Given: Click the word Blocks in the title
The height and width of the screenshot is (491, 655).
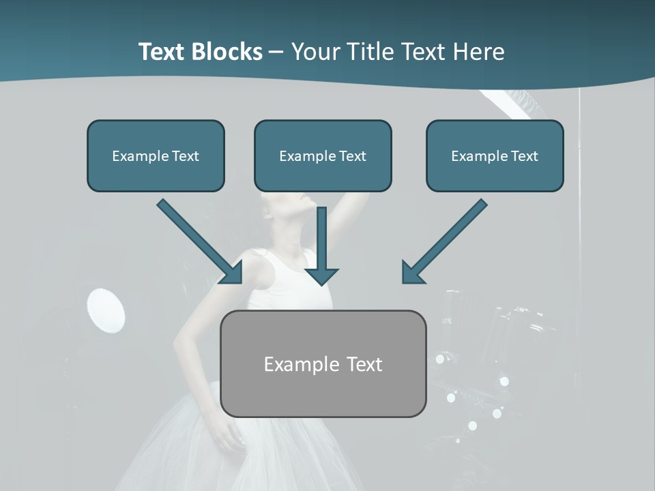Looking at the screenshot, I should (x=228, y=52).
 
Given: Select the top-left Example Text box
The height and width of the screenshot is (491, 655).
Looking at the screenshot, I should (x=156, y=155).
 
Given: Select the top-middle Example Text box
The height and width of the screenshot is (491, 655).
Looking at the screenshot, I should (x=323, y=155).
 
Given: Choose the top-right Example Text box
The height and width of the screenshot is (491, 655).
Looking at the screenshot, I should (x=495, y=155).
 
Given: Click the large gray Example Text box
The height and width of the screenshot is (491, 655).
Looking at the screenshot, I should (x=323, y=363).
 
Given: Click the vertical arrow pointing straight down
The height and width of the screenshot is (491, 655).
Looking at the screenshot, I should (x=321, y=245).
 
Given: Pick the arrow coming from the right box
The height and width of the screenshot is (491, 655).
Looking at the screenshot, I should (x=443, y=241).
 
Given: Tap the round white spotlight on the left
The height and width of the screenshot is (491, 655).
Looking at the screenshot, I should (x=106, y=311).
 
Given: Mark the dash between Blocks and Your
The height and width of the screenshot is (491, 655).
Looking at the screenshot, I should (x=276, y=52).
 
